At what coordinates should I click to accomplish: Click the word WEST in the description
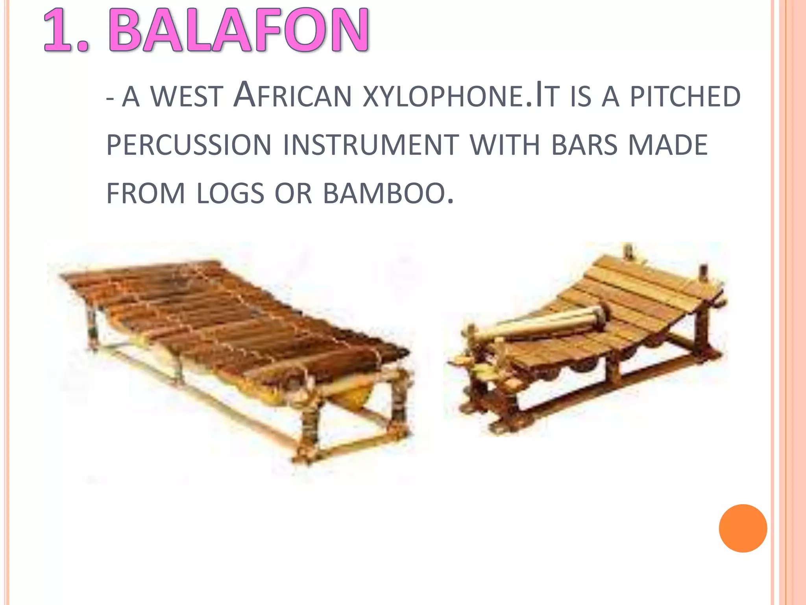pos(187,97)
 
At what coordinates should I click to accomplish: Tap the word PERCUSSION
pos(189,145)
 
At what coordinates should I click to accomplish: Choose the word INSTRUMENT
pos(371,145)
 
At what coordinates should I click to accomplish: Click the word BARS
pos(584,145)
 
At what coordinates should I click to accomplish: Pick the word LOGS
pos(230,193)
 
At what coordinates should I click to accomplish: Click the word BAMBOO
pos(388,193)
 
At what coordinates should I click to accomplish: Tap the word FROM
pos(146,193)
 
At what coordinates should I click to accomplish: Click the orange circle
pos(743,528)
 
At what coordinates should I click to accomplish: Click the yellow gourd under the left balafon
pos(356,396)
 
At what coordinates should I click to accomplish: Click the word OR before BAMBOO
pos(293,193)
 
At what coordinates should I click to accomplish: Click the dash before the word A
pos(111,98)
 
